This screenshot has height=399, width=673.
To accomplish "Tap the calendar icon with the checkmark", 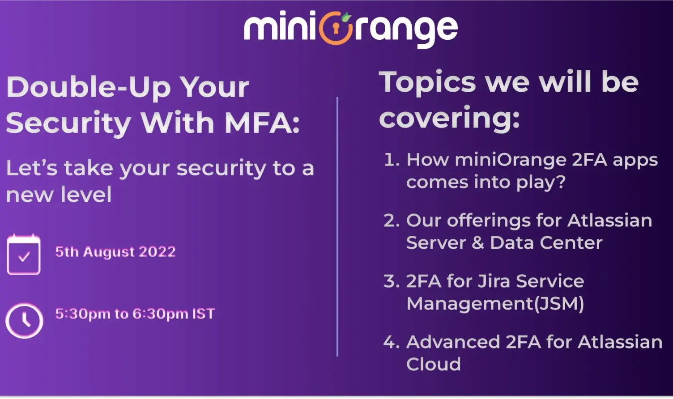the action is [24, 254].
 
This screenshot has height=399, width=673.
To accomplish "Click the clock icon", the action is [24, 321].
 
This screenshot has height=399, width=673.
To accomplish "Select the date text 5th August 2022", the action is [115, 251].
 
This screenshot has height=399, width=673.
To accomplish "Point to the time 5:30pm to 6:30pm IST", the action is [135, 314].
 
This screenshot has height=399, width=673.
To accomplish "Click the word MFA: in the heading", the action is [262, 123].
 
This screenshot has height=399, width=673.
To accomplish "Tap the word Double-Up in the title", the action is [89, 87].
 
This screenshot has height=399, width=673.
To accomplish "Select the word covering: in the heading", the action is [449, 118].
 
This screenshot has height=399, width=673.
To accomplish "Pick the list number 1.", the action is [392, 159].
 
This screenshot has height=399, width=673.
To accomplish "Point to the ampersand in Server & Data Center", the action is [478, 242].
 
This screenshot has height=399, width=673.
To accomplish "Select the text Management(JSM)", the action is [495, 304].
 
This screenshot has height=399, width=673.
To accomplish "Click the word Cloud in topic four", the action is [433, 364].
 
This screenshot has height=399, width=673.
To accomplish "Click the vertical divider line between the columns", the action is [337, 227].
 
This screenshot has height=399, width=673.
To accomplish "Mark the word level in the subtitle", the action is [86, 194].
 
